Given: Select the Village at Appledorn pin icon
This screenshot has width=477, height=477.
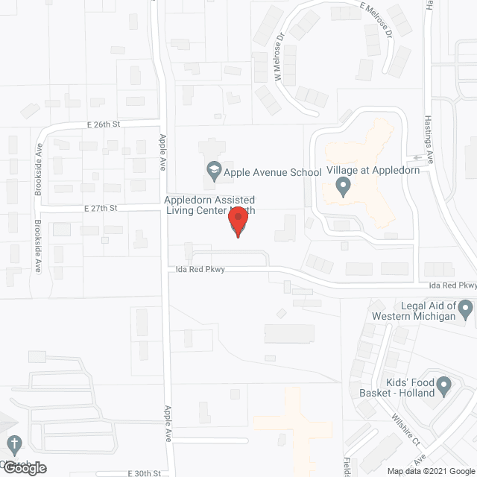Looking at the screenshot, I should click(x=344, y=186).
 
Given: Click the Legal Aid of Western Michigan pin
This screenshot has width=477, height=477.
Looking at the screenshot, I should click(x=467, y=308).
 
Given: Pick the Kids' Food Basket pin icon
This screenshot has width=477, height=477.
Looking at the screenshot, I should click(x=443, y=387).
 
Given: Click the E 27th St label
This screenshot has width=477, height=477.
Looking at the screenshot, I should click(x=103, y=209).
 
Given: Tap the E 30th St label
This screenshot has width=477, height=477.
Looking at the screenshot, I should click(x=145, y=473).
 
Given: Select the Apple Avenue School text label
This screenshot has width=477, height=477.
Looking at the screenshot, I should click(x=263, y=172).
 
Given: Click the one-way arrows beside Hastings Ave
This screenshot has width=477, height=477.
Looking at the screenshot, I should click(x=423, y=158).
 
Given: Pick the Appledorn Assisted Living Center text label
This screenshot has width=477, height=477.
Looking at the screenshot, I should click(x=210, y=206).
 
